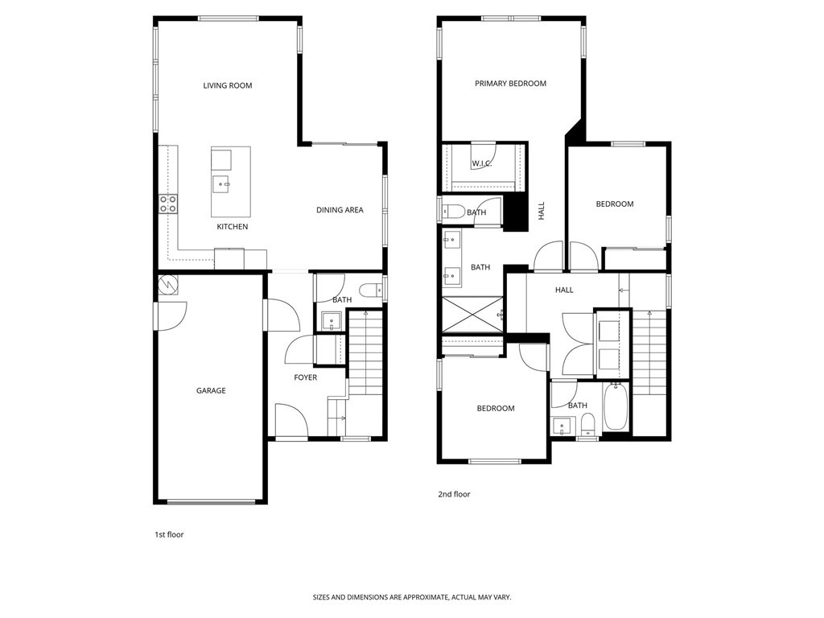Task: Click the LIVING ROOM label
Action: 227,85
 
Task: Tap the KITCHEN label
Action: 233,227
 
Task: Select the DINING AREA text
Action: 340,210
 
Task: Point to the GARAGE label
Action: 211,391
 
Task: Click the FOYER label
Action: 305,377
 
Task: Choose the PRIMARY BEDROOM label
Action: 510,84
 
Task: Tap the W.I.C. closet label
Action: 482,163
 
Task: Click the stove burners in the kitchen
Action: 168,204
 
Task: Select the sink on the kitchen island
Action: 222,184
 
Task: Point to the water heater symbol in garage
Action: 169,284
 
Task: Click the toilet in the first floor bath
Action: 371,290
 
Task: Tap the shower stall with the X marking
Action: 472,315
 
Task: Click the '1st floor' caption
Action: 169,534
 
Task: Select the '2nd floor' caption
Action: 454,494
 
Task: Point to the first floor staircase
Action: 367,354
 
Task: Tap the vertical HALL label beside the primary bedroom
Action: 542,211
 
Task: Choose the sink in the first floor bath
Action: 331,321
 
